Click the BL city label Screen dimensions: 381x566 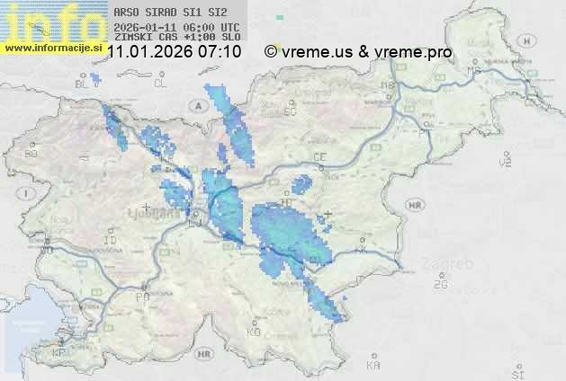[x=83, y=84]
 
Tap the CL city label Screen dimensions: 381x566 [x=160, y=84]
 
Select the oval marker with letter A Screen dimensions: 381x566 [x=196, y=105]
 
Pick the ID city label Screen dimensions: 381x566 [x=111, y=241]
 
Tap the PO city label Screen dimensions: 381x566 [x=141, y=296]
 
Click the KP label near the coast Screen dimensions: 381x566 [x=60, y=353]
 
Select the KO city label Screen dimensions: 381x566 [x=254, y=332]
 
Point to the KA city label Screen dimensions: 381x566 [x=373, y=366]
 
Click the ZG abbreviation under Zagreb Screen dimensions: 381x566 [x=440, y=285]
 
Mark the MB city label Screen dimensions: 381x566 [x=389, y=85]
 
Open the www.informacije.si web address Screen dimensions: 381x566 [x=52, y=47]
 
